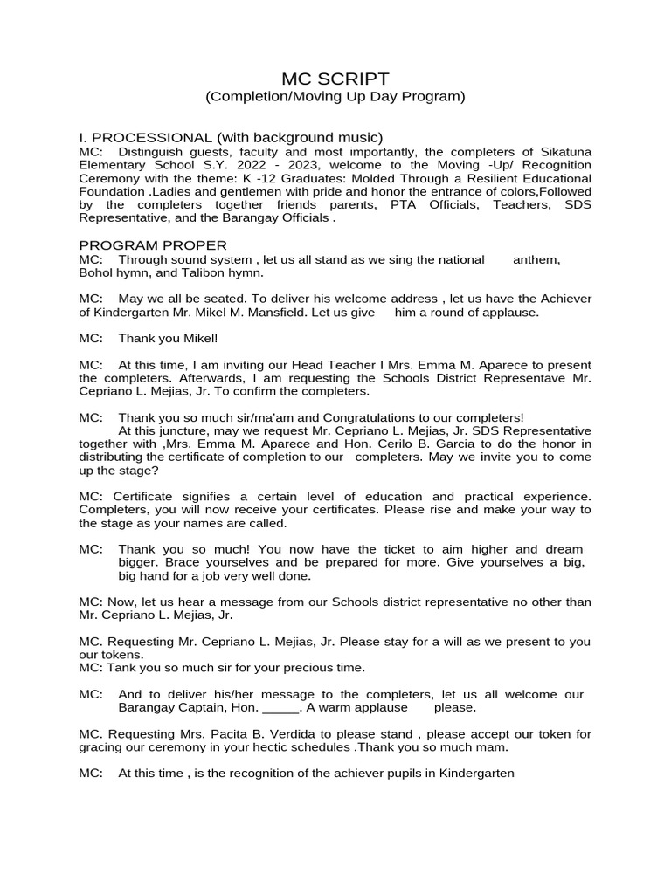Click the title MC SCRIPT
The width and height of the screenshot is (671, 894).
(335, 79)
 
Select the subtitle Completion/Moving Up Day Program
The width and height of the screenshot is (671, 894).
(335, 97)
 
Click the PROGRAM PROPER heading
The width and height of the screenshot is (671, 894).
(153, 245)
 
